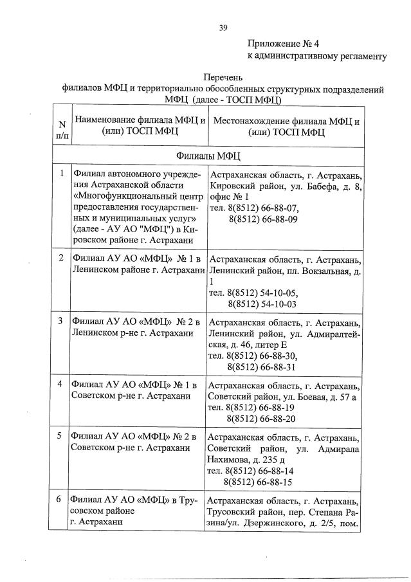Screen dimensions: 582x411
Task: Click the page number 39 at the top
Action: pos(223,27)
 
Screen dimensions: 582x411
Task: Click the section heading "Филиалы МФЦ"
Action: pos(207,156)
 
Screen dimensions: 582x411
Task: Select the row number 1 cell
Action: pos(61,174)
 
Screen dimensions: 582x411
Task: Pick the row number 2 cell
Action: pos(61,258)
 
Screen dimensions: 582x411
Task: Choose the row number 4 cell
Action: pos(60,384)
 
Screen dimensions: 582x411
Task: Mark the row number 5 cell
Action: pos(60,435)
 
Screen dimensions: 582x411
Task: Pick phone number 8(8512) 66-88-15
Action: pos(258,481)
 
